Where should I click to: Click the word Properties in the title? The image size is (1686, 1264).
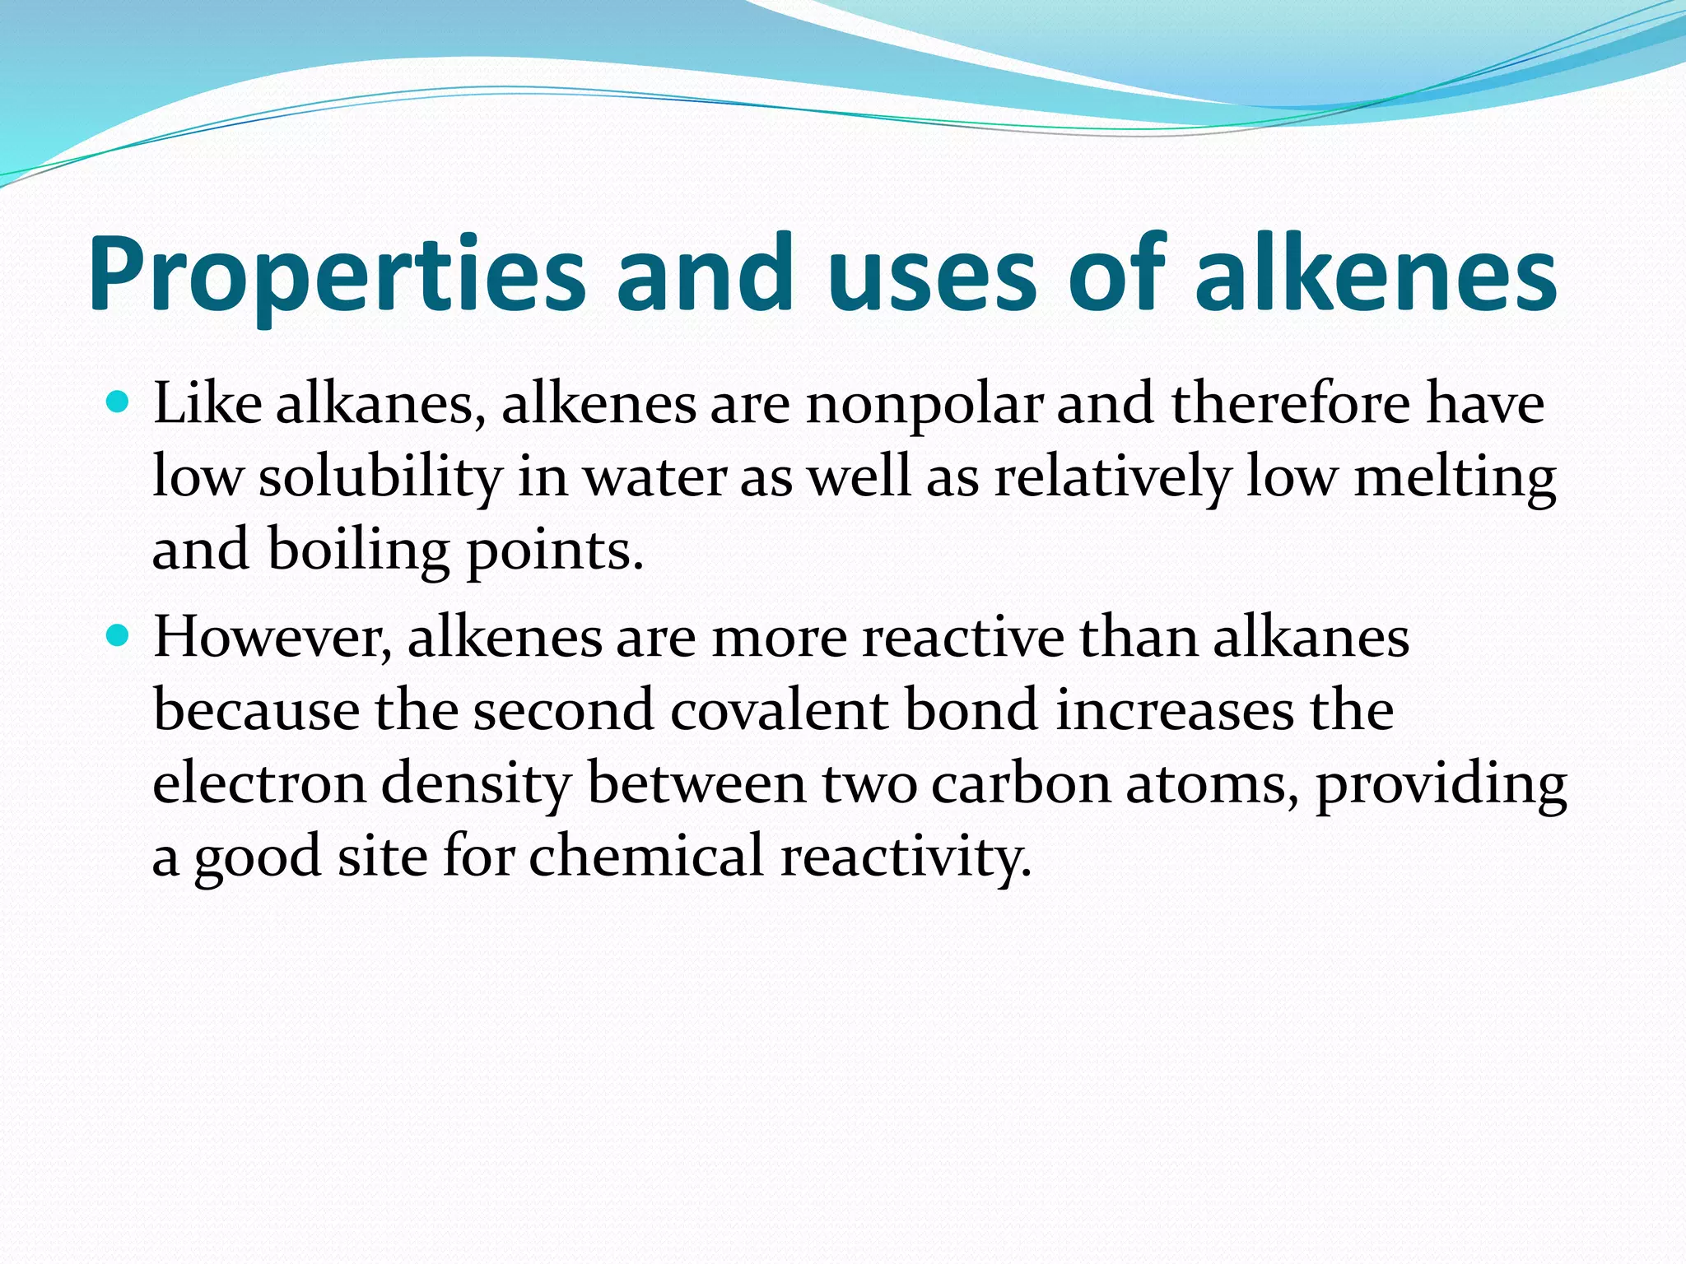pyautogui.click(x=336, y=276)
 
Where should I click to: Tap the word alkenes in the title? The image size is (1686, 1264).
pyautogui.click(x=1376, y=276)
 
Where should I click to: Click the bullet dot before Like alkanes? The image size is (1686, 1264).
pyautogui.click(x=119, y=403)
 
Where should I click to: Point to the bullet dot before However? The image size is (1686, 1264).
pyautogui.click(x=119, y=636)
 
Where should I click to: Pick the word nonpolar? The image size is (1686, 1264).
pyautogui.click(x=925, y=406)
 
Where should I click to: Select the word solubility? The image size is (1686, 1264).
pyautogui.click(x=380, y=478)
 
